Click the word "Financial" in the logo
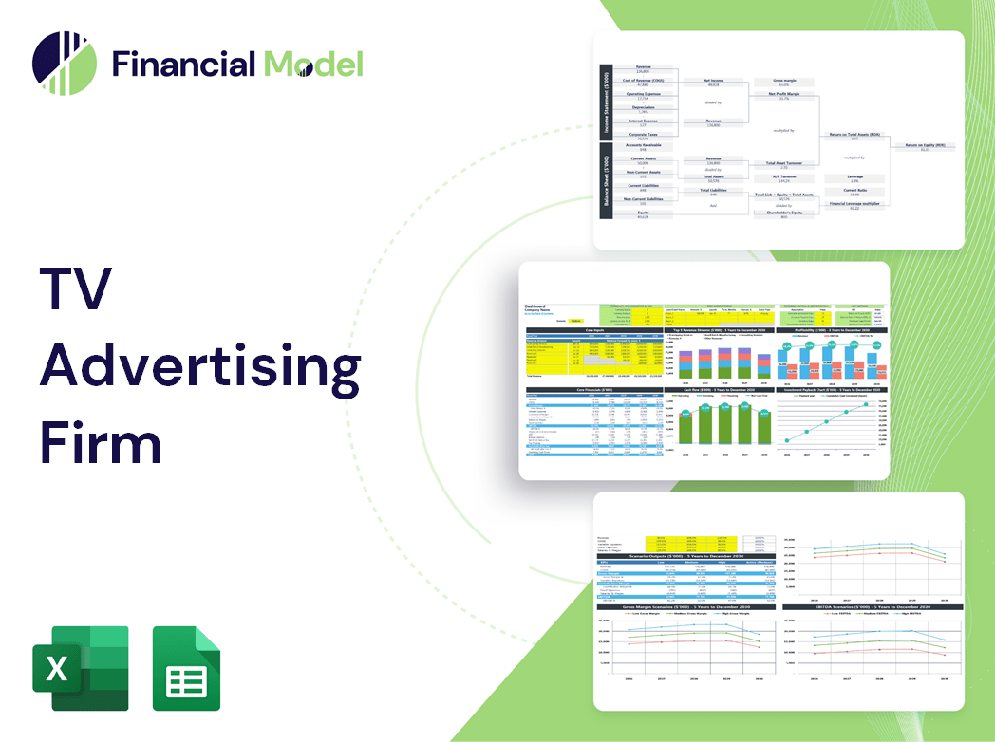click(182, 64)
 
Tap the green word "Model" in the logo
click(313, 64)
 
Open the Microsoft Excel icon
click(80, 668)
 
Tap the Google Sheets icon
click(187, 668)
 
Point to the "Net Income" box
click(713, 83)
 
